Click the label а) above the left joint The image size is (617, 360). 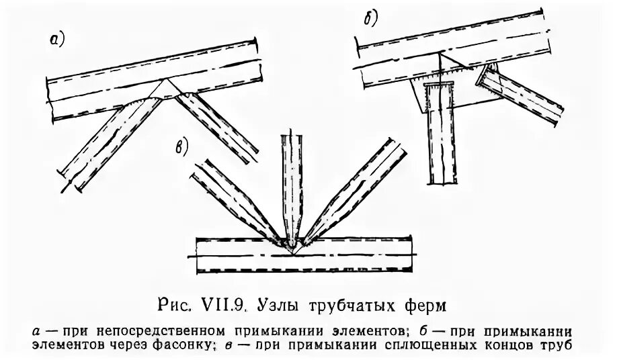coord(57,40)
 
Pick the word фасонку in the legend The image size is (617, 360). coord(191,346)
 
